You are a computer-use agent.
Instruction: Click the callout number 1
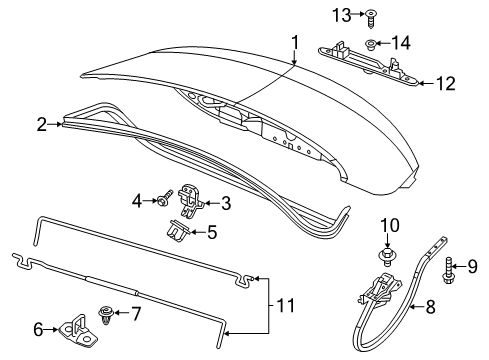pos(295,42)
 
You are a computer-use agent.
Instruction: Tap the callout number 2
pos(42,125)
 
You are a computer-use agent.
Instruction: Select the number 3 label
pos(225,204)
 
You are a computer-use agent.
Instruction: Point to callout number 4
pos(138,202)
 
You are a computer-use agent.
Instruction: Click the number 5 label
pos(210,233)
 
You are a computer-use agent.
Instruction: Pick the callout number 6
pos(39,328)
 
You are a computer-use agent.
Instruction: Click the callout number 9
pos(474,265)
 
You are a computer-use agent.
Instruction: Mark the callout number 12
pos(447,84)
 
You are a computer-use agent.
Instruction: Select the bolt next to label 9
pos(447,266)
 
